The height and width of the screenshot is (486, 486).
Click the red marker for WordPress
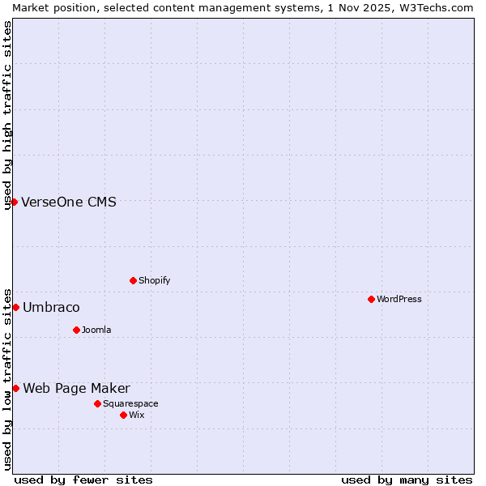371,299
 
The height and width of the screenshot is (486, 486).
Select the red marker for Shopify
133,280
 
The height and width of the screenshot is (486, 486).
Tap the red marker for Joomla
76,330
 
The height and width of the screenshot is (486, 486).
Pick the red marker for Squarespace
97,403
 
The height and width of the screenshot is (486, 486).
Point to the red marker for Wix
123,415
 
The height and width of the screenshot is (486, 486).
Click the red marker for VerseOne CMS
15,202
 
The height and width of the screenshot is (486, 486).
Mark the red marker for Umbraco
15,307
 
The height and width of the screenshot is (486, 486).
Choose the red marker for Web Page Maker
15,388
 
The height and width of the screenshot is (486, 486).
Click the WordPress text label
399,300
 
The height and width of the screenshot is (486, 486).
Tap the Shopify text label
154,281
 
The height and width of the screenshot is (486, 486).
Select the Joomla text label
96,330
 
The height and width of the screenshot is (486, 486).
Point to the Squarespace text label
130,404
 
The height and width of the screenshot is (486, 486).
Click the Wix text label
136,416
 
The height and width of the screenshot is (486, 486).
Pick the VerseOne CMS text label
69,202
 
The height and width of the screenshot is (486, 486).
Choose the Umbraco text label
51,308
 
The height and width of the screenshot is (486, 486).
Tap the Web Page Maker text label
76,389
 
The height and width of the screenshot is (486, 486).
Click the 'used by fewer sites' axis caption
83,480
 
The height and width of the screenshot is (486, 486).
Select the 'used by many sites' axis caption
407,480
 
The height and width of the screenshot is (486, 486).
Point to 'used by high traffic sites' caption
8,115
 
